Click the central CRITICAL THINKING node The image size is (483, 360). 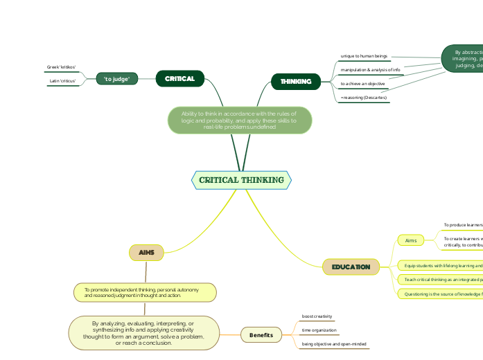pos(241,180)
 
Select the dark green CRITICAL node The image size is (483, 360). pos(179,79)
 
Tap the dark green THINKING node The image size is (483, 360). pos(296,82)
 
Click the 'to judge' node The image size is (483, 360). pos(117,79)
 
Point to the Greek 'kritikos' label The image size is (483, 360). pos(61,67)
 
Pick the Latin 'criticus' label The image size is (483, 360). pos(62,81)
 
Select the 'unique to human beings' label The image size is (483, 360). pos(364,55)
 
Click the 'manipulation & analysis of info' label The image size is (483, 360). pos(370,70)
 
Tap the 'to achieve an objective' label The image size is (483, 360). pos(362,84)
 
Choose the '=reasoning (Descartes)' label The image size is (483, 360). pos(364,98)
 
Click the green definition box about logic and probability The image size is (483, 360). pos(239,120)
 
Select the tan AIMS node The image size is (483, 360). pos(146,253)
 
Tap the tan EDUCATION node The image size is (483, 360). pos(351,267)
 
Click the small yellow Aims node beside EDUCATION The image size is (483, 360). pos(411,240)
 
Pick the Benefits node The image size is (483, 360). pos(261,335)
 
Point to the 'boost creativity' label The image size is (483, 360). pos(317,316)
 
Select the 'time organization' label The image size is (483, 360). pos(319,330)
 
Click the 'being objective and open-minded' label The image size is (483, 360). pos(334,343)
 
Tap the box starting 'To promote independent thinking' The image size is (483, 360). pos(145,292)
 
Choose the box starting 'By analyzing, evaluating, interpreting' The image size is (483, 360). pos(143,333)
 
